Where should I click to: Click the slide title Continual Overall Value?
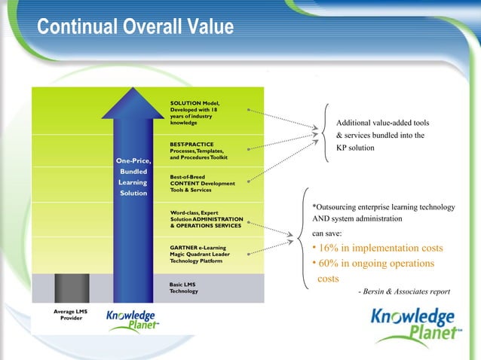click(136, 27)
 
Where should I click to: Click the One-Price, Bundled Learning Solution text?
click(133, 177)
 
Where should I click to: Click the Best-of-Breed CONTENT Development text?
click(202, 183)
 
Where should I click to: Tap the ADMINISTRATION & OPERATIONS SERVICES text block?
click(206, 219)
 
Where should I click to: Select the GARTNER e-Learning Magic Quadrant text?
click(201, 254)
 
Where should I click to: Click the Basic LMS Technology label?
click(185, 288)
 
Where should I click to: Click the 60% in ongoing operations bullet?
click(373, 264)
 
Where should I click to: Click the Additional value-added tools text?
click(382, 123)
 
